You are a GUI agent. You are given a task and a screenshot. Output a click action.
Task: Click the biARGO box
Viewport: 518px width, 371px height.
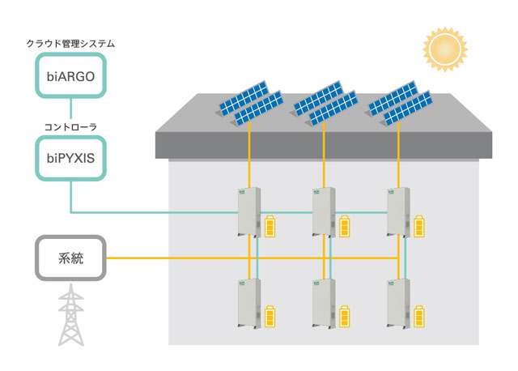tap(70, 75)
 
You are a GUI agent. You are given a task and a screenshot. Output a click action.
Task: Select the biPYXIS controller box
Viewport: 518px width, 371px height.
tap(70, 158)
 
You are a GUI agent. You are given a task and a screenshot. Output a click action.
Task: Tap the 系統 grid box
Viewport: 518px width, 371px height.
tap(70, 258)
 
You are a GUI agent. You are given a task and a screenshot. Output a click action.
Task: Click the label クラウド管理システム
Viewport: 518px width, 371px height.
tap(70, 44)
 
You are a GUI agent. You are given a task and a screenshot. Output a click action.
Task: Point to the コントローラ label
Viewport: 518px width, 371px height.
tap(70, 127)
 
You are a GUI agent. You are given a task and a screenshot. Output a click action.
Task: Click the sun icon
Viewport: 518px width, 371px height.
tap(445, 49)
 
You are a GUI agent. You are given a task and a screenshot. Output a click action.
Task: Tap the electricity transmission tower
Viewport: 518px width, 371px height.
tap(71, 315)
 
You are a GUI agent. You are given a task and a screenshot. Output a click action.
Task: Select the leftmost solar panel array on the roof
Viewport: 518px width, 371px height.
tap(250, 103)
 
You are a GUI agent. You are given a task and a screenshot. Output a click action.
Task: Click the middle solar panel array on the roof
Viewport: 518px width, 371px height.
tap(325, 103)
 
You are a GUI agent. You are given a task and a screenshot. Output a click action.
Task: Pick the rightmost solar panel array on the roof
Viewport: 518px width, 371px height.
tap(399, 103)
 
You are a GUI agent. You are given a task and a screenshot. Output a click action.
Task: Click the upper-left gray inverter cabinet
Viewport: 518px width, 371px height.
tap(249, 212)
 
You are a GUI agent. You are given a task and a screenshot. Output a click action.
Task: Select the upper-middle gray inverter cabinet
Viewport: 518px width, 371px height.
tap(324, 212)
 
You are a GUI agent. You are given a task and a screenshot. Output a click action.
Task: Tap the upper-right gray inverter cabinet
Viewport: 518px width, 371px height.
tap(398, 212)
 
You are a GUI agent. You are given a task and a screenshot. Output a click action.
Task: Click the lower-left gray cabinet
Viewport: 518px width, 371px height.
tap(249, 303)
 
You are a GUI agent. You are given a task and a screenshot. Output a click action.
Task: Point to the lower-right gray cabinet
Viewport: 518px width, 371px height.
tap(398, 303)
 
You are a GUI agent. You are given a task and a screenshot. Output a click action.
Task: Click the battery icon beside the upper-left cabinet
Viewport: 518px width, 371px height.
tap(270, 226)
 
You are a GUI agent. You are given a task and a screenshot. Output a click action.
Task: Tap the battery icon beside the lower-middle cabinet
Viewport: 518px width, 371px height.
tap(345, 317)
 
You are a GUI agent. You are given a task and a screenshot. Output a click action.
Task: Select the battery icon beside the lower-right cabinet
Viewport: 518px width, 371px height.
tap(419, 317)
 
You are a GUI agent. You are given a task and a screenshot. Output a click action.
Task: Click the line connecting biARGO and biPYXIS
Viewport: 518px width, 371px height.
tap(70, 108)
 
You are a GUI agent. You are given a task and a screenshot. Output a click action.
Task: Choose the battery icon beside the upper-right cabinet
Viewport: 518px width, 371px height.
tap(419, 226)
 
